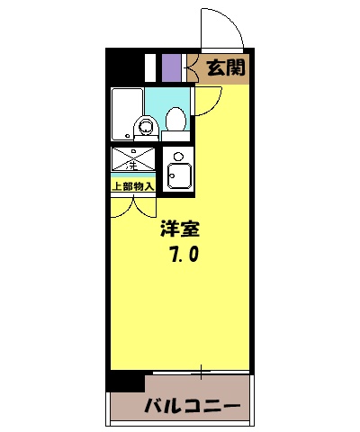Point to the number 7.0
point(183,256)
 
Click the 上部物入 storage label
point(132,186)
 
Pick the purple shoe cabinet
point(171,67)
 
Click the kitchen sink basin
point(181,175)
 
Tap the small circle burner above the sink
point(176,156)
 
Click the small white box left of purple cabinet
point(151,67)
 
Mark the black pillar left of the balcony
point(125,381)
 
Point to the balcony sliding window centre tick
point(202,370)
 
